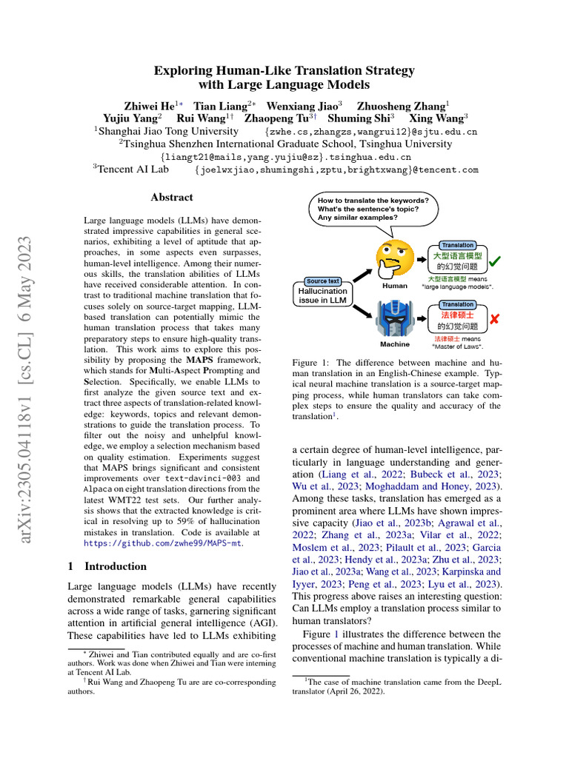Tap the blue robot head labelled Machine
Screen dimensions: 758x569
(x=394, y=315)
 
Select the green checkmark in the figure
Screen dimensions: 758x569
(x=495, y=261)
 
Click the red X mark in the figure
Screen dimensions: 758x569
(x=494, y=318)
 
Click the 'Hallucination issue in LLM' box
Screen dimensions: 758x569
(x=323, y=296)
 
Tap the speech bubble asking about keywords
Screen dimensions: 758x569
(x=373, y=209)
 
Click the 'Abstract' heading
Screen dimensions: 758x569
(x=171, y=198)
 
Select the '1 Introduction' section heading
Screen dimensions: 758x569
(x=107, y=566)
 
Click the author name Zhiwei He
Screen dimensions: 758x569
(x=146, y=106)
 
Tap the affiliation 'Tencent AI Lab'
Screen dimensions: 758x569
(x=134, y=170)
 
